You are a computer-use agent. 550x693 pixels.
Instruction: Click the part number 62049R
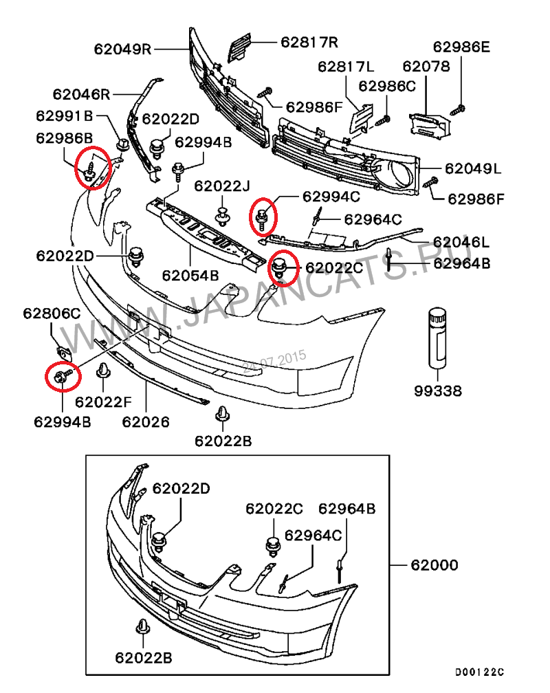point(123,49)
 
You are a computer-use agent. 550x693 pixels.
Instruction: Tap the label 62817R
point(309,42)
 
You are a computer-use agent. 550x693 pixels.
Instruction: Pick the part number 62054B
point(190,276)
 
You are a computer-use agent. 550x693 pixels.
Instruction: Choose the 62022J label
point(221,186)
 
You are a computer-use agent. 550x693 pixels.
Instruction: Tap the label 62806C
point(52,313)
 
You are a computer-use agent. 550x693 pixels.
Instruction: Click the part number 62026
point(146,421)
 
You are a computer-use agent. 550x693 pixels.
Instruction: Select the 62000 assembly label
point(434,566)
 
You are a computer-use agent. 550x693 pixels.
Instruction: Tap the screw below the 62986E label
point(459,108)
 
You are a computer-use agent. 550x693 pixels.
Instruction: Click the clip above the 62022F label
point(102,371)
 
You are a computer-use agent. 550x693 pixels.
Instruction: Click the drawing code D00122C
point(478,672)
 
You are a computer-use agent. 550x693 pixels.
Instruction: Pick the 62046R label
point(81,93)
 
